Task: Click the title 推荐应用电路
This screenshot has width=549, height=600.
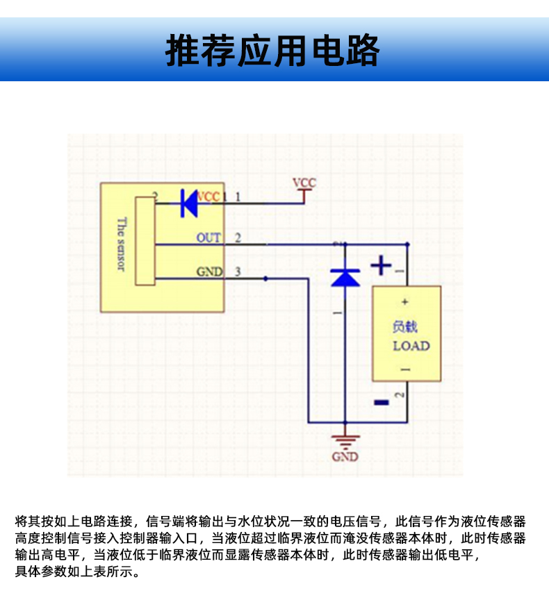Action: [273, 50]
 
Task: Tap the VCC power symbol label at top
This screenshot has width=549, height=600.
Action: [304, 183]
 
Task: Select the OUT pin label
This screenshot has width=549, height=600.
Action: [208, 237]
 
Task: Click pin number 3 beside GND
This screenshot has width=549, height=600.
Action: [238, 272]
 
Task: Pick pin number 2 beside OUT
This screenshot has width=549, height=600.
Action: [238, 237]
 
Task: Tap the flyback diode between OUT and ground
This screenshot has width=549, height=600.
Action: [345, 277]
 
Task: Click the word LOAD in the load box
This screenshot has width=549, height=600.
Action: [411, 346]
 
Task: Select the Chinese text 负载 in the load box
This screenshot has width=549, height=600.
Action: [405, 326]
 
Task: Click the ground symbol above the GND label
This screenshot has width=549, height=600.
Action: [345, 440]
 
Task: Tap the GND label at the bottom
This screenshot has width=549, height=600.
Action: [345, 457]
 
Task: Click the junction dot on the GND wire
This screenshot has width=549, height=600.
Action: [265, 278]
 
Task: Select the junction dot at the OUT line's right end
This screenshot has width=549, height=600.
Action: [407, 244]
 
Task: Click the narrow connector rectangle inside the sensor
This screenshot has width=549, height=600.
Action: [145, 240]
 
